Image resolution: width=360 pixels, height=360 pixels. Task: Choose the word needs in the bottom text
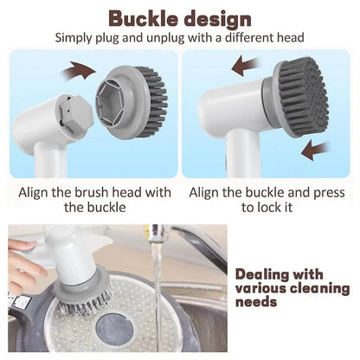pyautogui.click(x=255, y=302)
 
